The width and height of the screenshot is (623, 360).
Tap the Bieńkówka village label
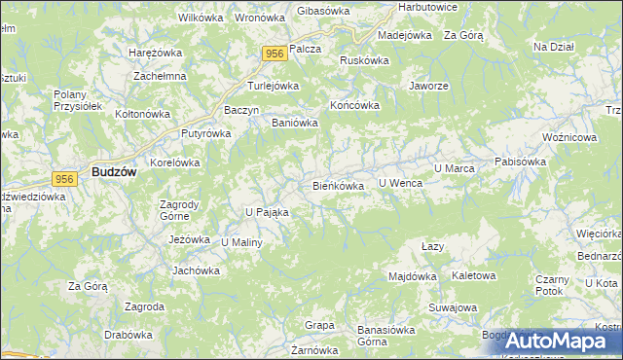point(338,185)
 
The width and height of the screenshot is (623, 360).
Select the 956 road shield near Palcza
point(273,55)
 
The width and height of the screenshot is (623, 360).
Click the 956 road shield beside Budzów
point(65,179)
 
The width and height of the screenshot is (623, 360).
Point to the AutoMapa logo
point(561,342)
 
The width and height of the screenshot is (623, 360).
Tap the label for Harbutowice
point(427,8)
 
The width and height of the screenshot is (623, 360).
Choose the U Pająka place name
point(267,211)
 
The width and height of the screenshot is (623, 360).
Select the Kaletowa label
point(474,275)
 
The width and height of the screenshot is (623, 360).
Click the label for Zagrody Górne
point(179,210)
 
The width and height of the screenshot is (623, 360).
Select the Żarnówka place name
point(314,349)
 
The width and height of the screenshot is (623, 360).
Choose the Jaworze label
point(428,86)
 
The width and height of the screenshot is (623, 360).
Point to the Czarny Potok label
point(551,284)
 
